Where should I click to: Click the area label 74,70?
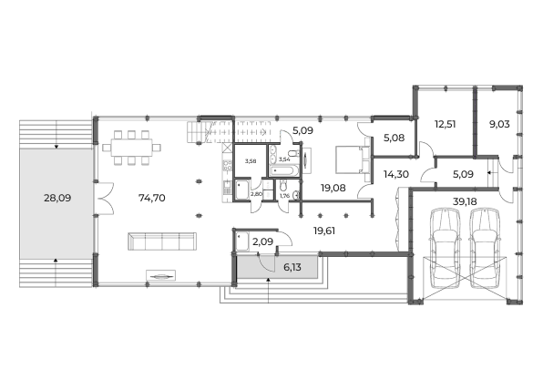tap(151, 198)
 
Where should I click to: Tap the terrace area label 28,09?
tap(57, 198)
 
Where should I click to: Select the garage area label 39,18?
tap(465, 201)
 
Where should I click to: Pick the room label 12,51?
tap(445, 124)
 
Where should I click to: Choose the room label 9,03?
tap(499, 124)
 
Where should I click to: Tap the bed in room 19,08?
tap(353, 159)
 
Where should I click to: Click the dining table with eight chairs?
tap(131, 148)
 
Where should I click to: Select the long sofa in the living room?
tap(162, 241)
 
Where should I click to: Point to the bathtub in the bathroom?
tap(283, 170)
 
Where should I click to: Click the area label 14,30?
tap(395, 174)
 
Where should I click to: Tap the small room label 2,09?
tap(262, 241)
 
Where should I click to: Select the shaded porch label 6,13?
tap(292, 267)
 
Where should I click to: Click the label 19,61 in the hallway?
tap(324, 231)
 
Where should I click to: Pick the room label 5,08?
tap(394, 138)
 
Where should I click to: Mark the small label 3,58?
tap(251, 161)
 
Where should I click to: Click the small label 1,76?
tap(284, 196)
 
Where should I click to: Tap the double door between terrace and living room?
tap(104, 198)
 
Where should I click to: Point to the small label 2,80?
tap(256, 194)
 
